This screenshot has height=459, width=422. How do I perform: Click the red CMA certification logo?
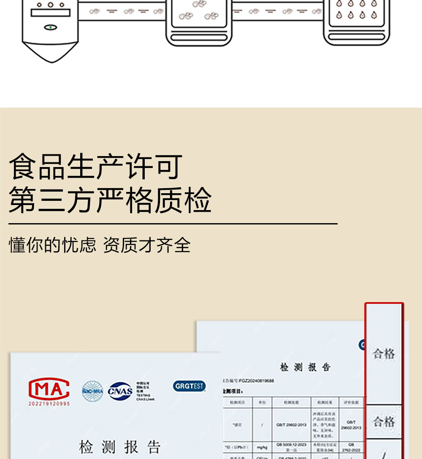click(x=49, y=388)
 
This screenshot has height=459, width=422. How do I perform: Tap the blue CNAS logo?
click(x=120, y=391)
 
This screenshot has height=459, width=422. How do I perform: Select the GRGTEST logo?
click(x=189, y=386)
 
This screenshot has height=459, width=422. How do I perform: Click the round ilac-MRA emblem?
click(x=92, y=391)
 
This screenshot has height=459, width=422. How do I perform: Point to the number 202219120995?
click(x=49, y=404)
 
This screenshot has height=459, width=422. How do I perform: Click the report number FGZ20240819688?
click(x=253, y=381)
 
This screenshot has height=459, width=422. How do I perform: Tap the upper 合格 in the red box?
click(x=384, y=354)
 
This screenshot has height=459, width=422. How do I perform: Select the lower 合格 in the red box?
click(x=384, y=421)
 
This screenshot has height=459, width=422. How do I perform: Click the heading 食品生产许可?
click(x=95, y=167)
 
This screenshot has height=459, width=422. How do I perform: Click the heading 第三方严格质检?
click(x=110, y=200)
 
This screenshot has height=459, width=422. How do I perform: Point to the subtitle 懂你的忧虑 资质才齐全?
click(x=100, y=245)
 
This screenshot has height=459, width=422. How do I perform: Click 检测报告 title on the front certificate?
click(x=120, y=447)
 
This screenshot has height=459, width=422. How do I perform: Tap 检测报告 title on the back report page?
click(x=305, y=367)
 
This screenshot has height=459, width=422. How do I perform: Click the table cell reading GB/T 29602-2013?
click(x=291, y=425)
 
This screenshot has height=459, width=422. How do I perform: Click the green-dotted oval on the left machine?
click(x=50, y=27)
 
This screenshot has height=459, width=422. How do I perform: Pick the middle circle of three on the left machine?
click(x=50, y=5)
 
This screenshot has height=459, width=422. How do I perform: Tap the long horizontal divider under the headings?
click(x=173, y=224)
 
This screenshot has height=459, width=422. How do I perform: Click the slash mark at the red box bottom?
click(x=384, y=454)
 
